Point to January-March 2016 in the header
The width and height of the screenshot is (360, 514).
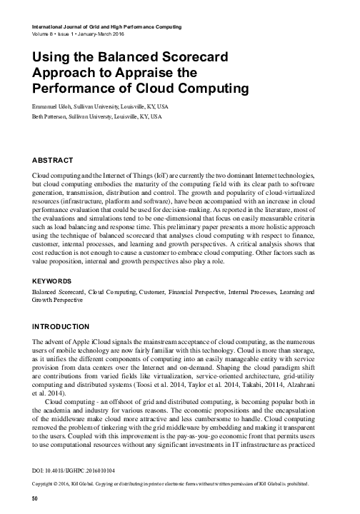pyautogui.click(x=109, y=34)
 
